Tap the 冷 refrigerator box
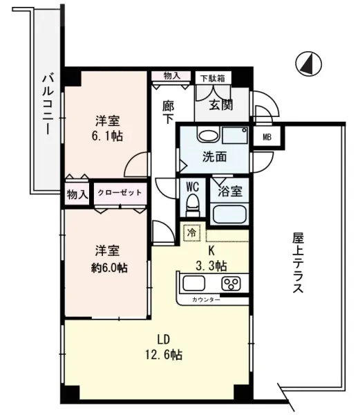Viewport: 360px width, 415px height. [x=191, y=234]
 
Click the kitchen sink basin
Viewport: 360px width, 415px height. [x=195, y=284]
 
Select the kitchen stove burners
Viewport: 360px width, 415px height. [x=229, y=284]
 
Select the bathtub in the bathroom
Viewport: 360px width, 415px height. [x=229, y=212]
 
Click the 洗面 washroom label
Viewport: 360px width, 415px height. [x=214, y=156]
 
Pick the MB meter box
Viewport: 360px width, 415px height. [x=266, y=137]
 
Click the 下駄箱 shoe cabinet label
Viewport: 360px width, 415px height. [x=212, y=78]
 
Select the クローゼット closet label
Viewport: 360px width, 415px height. [x=120, y=192]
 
